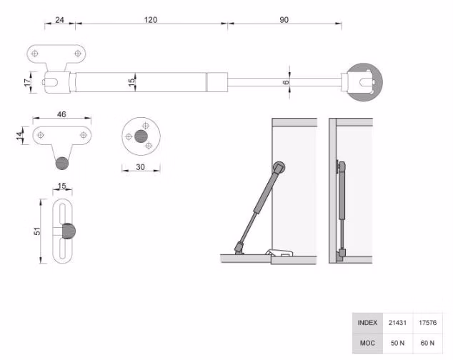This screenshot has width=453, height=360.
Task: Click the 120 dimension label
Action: tap(151, 20)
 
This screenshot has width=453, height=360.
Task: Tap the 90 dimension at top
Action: tap(284, 20)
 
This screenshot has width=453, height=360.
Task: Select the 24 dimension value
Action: tap(59, 20)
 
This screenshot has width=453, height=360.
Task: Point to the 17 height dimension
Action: tap(27, 82)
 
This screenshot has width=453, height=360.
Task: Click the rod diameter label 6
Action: tap(286, 82)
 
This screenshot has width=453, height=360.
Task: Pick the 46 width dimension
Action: tap(61, 114)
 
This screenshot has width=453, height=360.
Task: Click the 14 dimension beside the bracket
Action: tap(19, 136)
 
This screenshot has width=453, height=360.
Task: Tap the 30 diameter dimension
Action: tap(140, 167)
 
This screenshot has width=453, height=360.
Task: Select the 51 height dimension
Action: tap(37, 231)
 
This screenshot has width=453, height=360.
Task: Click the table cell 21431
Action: tap(397, 323)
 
